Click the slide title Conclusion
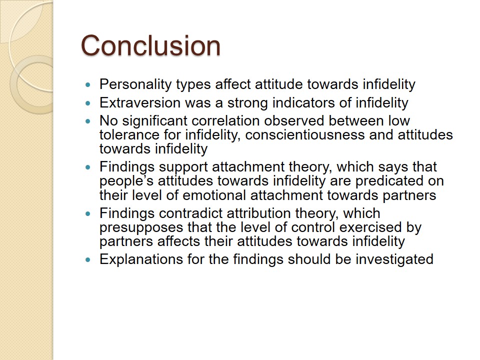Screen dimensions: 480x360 (x=150, y=45)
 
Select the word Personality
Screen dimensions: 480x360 (x=135, y=84)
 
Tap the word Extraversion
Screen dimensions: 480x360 (x=140, y=102)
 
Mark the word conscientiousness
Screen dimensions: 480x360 (x=305, y=134)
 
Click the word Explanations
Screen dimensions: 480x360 (x=141, y=259)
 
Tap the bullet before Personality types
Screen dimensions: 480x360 (x=88, y=84)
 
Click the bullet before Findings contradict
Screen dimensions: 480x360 (x=88, y=213)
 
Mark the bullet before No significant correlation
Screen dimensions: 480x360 (x=88, y=121)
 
